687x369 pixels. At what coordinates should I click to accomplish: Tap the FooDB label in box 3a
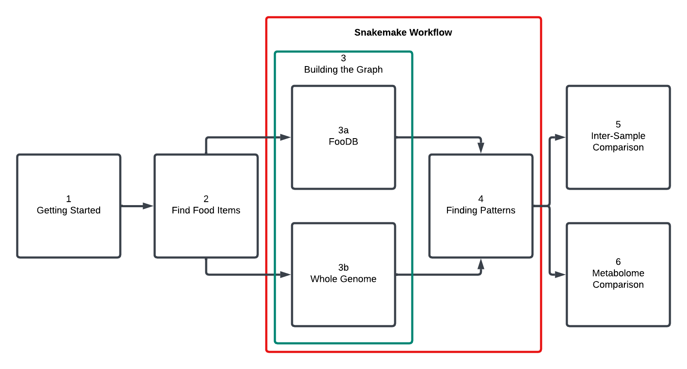coord(343,142)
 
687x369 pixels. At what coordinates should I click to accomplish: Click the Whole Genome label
coord(343,279)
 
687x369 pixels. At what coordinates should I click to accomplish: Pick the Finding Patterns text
coord(480,210)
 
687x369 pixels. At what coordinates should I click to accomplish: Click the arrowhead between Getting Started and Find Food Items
coord(148,206)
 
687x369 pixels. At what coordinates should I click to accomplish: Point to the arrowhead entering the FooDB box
coord(286,137)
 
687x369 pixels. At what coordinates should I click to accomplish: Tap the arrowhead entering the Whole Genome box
coord(286,275)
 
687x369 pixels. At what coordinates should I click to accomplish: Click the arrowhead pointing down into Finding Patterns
coord(481,148)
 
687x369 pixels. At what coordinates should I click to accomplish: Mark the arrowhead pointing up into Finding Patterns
coord(481,264)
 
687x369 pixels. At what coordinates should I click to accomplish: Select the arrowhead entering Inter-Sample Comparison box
coord(560,137)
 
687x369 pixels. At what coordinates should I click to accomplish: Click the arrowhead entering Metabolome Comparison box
coord(560,275)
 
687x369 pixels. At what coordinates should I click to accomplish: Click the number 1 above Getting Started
coord(69,199)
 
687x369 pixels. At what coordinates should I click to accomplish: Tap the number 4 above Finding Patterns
coord(481,199)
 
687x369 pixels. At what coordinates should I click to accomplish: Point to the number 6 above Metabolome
coord(618,262)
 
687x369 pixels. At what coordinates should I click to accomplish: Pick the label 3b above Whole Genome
coord(343,267)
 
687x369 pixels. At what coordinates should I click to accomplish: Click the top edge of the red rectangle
coord(404,18)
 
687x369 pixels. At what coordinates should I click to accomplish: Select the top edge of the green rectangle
coord(343,52)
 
